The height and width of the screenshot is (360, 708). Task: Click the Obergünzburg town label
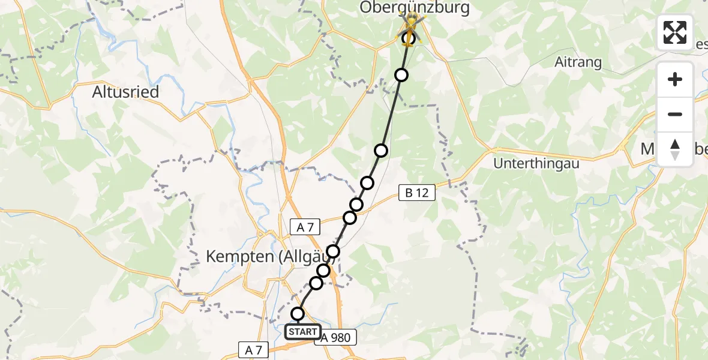[x=415, y=8]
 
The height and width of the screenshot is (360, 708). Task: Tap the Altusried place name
[x=125, y=92]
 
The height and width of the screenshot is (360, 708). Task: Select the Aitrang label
[x=578, y=63]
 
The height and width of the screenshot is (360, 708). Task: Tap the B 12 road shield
[x=416, y=193]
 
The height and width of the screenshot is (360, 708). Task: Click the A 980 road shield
[x=337, y=337]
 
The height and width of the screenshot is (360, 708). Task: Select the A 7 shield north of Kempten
[x=305, y=226]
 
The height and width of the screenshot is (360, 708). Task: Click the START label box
[x=303, y=332]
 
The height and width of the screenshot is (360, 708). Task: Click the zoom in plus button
[x=675, y=79]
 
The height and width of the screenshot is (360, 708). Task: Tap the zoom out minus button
[x=675, y=114]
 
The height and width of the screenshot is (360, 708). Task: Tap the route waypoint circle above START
[x=298, y=314]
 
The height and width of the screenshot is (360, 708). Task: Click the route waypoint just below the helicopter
[x=401, y=75]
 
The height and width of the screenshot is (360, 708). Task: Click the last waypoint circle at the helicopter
[x=409, y=38]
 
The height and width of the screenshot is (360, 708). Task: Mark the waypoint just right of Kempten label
[x=333, y=251]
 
